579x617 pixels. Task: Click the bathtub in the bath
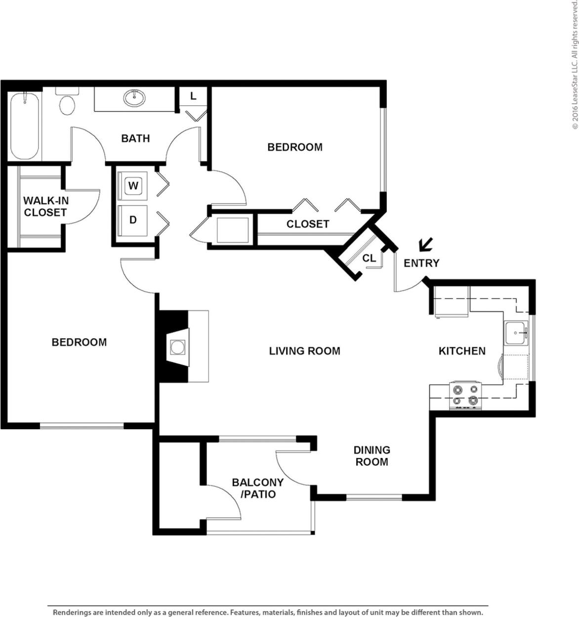[24, 125]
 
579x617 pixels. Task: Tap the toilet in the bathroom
[67, 102]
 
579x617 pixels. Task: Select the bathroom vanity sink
[134, 98]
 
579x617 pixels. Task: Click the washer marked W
[133, 186]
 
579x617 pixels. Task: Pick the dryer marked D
[133, 220]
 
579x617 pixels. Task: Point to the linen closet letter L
[193, 96]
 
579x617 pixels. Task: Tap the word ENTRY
[421, 263]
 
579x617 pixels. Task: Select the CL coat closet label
[369, 258]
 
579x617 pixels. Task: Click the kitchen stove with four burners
[465, 395]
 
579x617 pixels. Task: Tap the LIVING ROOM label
[304, 351]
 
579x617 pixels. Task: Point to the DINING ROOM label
[372, 456]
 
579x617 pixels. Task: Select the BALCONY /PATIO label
[257, 488]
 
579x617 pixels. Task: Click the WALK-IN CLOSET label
[45, 206]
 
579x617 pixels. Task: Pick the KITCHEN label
[462, 351]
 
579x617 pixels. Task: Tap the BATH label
[135, 138]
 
